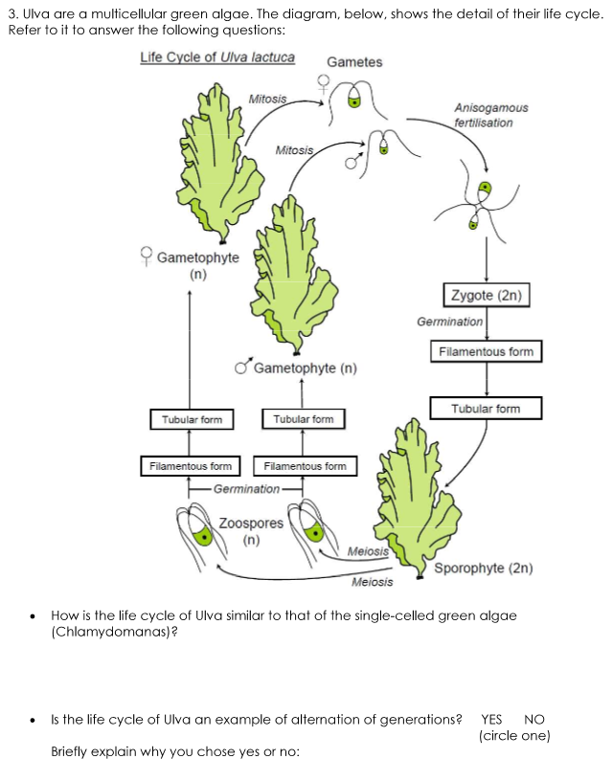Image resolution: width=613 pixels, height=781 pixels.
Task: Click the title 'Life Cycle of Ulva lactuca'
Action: (x=217, y=57)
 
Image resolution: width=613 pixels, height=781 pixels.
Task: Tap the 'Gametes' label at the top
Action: (x=353, y=62)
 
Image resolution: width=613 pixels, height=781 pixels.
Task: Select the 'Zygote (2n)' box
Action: (x=486, y=295)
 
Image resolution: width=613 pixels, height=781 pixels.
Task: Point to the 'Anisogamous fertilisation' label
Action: (x=490, y=116)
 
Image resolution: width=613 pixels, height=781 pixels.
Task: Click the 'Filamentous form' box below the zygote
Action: (x=486, y=352)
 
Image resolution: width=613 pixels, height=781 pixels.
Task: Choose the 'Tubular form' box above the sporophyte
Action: (x=486, y=409)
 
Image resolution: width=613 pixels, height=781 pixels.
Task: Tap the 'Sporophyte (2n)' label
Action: (x=483, y=568)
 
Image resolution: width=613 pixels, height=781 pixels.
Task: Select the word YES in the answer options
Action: (x=491, y=720)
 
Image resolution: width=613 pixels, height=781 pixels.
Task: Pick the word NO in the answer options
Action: (x=534, y=720)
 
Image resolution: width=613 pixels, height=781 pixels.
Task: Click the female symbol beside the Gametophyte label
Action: (x=147, y=256)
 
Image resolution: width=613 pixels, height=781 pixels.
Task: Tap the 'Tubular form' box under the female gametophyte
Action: (x=192, y=419)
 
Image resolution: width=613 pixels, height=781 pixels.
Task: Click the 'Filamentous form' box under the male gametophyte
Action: (x=304, y=466)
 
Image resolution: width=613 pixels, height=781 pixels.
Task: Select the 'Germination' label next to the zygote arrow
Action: (x=449, y=322)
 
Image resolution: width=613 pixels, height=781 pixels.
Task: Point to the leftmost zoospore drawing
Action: (x=198, y=531)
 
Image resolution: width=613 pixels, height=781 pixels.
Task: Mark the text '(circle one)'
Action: (x=514, y=736)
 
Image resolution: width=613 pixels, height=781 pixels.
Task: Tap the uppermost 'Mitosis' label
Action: (x=267, y=99)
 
